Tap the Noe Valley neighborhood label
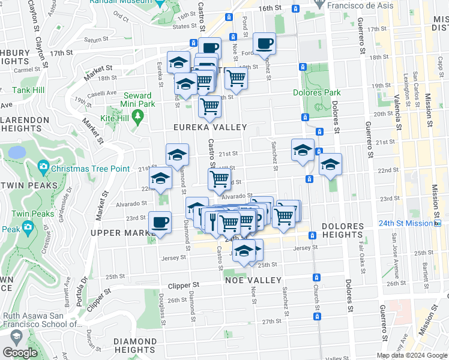pos(253,280)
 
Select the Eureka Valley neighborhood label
pos(210,127)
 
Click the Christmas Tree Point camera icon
pos(43,166)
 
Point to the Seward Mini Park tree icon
pos(139,114)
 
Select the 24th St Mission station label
pos(406,223)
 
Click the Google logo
pos(20,352)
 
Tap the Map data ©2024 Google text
pos(412,355)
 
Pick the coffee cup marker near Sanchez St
pos(264,43)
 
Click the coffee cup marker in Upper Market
pos(160,223)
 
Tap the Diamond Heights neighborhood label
pos(135,345)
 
